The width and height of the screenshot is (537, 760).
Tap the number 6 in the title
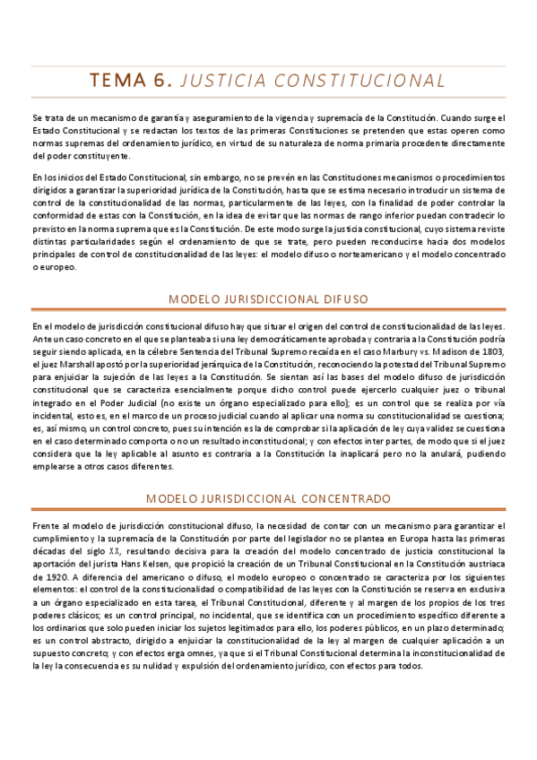point(163,81)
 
